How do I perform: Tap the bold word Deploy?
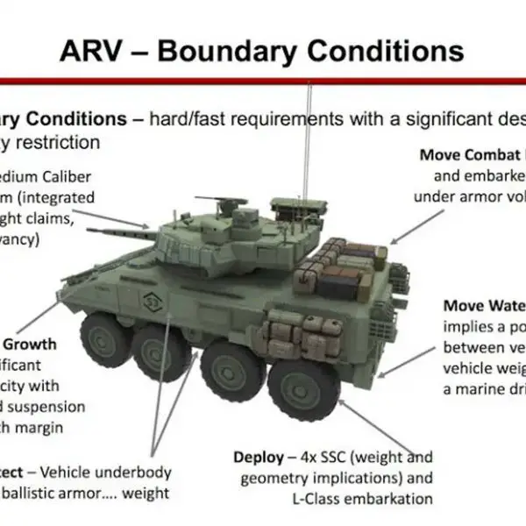coord(257,457)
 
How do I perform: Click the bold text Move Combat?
coord(470,155)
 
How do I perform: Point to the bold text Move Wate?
coord(483,305)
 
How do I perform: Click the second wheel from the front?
coord(157,349)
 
